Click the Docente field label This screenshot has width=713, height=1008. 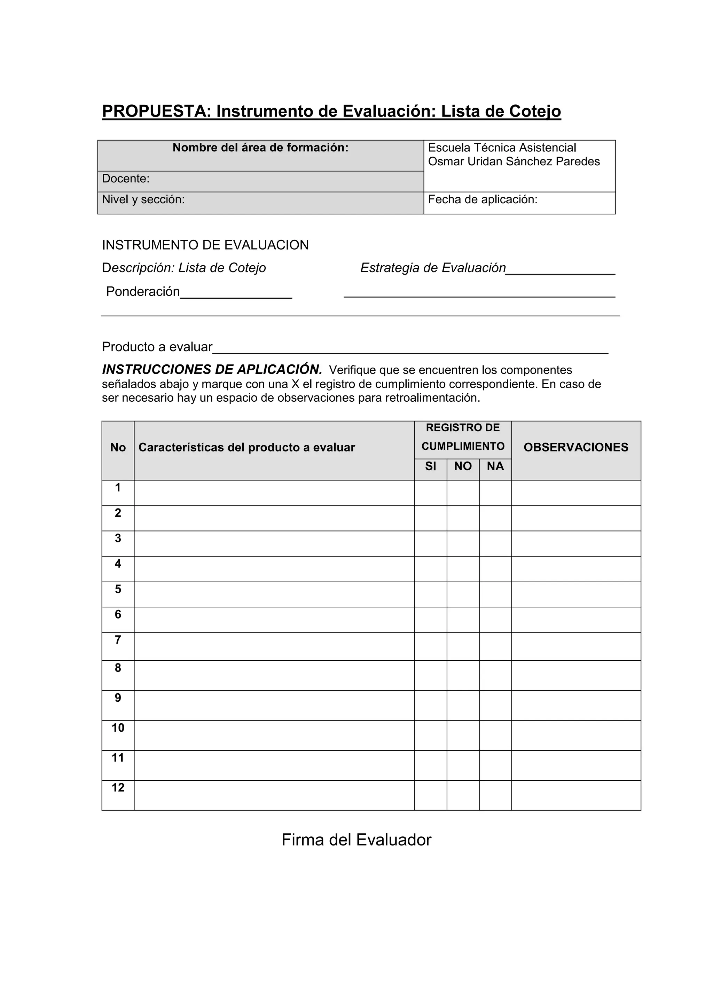tap(126, 179)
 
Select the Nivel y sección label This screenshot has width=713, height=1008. tap(143, 200)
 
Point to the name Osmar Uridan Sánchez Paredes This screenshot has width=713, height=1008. tap(514, 162)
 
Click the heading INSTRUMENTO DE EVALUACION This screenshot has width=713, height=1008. tap(205, 245)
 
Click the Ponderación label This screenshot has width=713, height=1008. tap(143, 292)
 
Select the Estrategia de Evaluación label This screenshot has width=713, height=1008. tap(433, 268)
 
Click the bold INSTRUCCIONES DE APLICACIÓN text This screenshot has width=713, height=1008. tap(212, 369)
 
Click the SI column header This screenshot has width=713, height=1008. tap(430, 466)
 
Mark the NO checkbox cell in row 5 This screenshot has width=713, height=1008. tap(463, 594)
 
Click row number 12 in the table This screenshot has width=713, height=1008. tap(118, 788)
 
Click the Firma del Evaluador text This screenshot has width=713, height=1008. tap(356, 840)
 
